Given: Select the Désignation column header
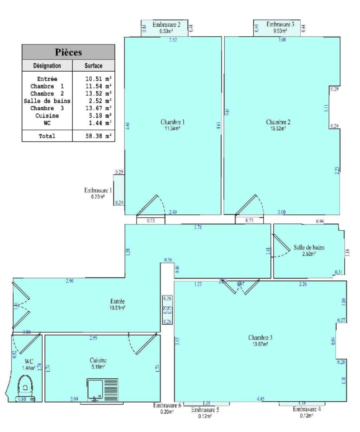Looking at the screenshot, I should [47, 66].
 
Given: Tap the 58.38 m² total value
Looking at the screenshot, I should [98, 136].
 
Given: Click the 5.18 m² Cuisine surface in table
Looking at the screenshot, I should [98, 115].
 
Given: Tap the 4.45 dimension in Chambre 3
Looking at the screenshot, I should [260, 398].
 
